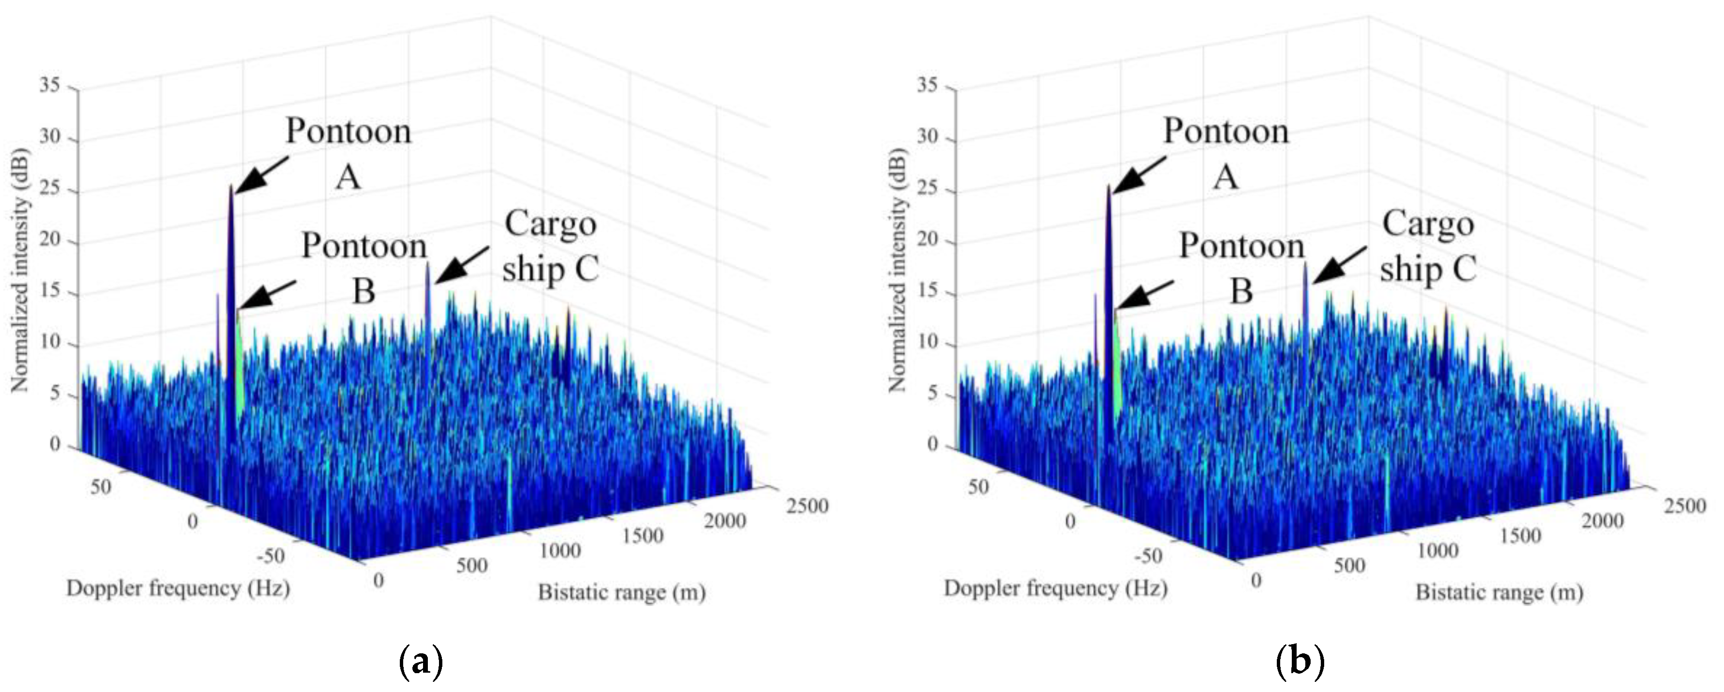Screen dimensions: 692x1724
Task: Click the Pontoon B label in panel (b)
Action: pyautogui.click(x=1242, y=268)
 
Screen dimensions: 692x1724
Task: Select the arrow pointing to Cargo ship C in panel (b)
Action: pyautogui.click(x=1339, y=264)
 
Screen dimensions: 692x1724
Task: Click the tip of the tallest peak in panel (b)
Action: pyautogui.click(x=1108, y=187)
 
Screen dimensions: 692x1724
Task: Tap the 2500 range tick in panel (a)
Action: pyautogui.click(x=807, y=506)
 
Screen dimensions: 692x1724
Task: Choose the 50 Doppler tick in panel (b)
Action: pyautogui.click(x=978, y=487)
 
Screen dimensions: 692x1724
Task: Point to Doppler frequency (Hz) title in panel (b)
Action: pyautogui.click(x=1055, y=588)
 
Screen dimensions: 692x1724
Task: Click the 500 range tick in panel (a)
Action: pyautogui.click(x=472, y=565)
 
